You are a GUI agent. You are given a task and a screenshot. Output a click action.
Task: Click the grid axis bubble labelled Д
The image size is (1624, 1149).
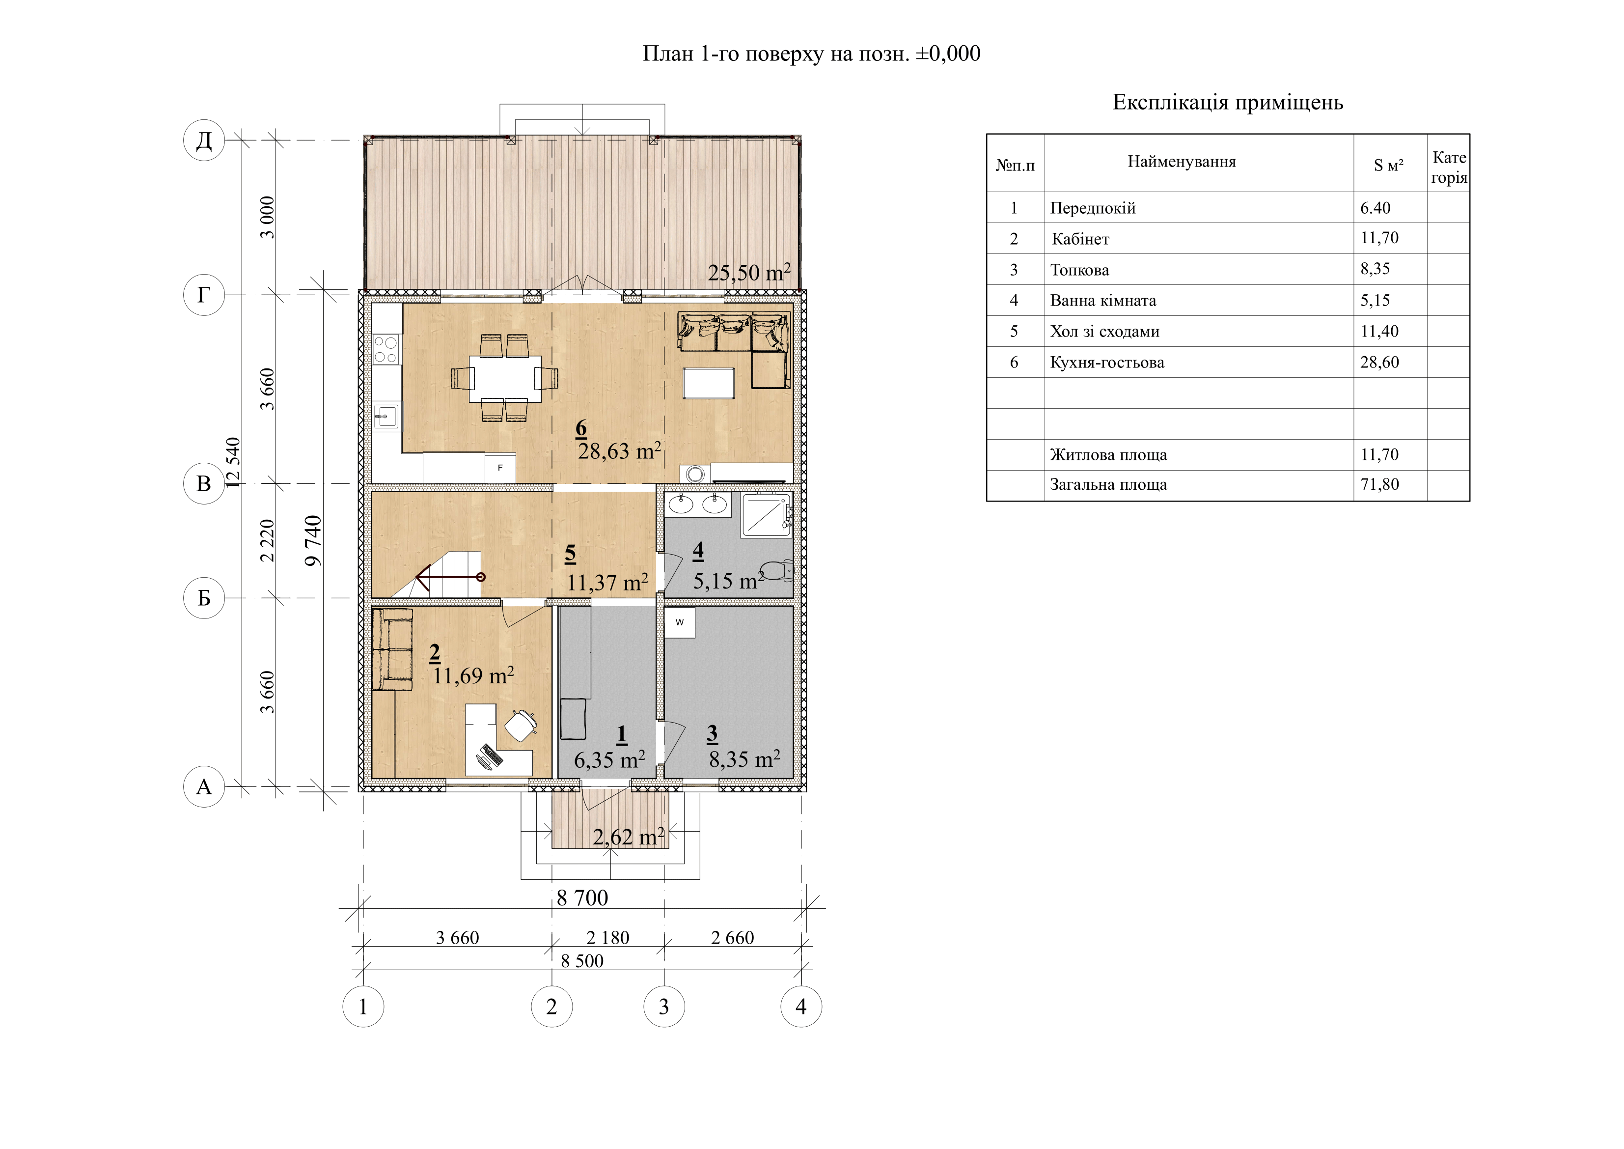[204, 140]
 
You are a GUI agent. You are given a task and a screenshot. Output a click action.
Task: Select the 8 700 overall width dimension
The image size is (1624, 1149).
[582, 898]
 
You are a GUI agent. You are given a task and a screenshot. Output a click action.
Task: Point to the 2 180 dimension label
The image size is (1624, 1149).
[607, 937]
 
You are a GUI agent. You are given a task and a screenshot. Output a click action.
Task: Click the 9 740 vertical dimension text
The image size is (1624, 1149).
[313, 540]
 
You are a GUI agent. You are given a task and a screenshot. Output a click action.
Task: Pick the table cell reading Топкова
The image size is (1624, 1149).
[1079, 270]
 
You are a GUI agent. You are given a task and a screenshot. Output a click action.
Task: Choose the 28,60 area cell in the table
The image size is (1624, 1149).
[1379, 362]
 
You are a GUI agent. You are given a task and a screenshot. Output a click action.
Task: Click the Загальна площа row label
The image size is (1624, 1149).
[1108, 485]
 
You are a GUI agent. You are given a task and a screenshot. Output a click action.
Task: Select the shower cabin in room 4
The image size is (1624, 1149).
[766, 514]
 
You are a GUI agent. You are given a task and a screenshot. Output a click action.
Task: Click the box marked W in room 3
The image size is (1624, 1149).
[679, 622]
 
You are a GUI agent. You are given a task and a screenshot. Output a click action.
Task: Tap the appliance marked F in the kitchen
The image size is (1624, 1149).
[500, 468]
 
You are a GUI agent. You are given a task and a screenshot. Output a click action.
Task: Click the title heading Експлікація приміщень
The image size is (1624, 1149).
[1228, 103]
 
